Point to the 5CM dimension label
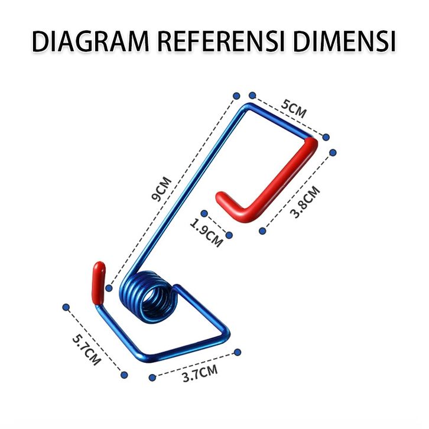coord(294,109)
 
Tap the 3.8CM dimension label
coord(305,203)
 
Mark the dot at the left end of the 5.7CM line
coord(66,307)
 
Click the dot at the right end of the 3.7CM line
coord(238,352)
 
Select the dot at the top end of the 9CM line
coord(236,95)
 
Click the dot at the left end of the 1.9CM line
coord(204,213)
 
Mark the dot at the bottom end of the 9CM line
coord(109,288)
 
